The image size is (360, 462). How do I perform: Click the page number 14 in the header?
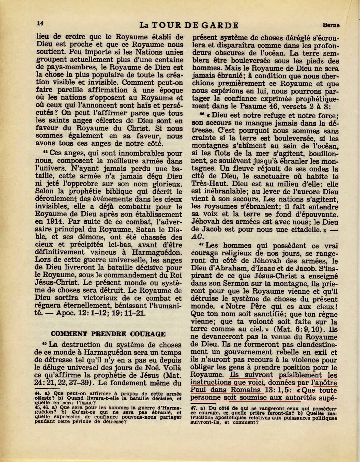tap(40, 23)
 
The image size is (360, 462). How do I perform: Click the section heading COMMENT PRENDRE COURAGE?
tap(108, 334)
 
